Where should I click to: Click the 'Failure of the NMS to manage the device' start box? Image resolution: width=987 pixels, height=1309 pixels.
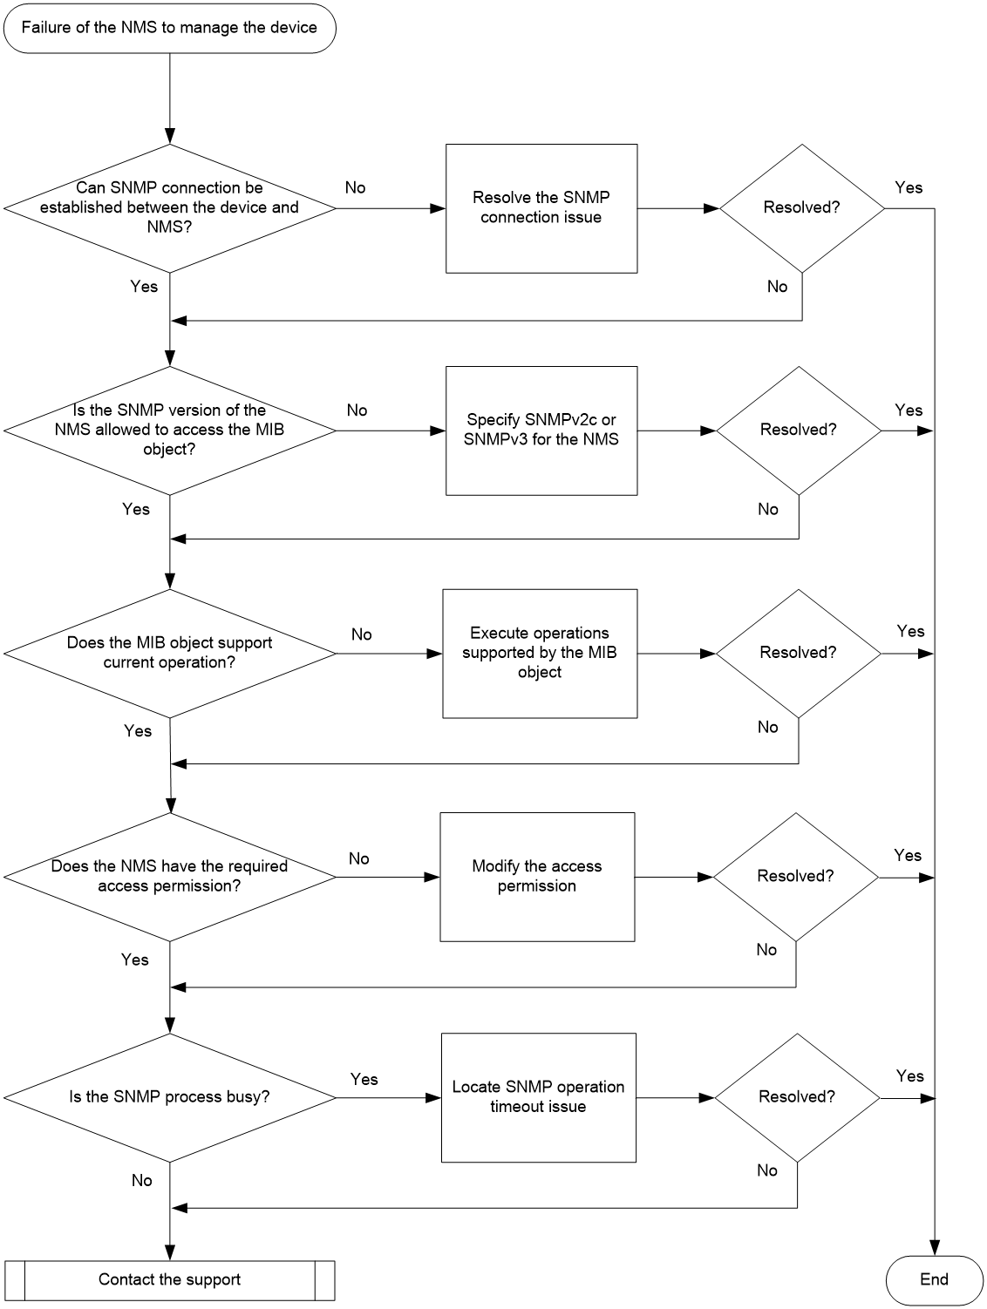click(169, 28)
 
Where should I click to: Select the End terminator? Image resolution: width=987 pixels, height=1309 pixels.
click(934, 1279)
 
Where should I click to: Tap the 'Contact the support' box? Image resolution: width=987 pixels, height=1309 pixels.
click(169, 1279)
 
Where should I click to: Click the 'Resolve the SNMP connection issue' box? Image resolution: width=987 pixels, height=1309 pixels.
click(541, 208)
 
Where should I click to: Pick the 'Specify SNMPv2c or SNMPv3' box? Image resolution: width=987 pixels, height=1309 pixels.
click(541, 431)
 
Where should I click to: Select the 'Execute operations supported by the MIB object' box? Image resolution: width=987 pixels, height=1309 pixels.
click(540, 654)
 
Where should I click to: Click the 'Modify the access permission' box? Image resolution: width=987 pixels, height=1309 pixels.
click(537, 877)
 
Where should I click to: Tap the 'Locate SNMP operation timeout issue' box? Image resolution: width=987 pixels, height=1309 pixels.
click(539, 1097)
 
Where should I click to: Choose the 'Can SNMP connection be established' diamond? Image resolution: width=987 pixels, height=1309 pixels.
click(169, 208)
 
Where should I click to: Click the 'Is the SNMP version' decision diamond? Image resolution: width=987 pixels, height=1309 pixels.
click(169, 431)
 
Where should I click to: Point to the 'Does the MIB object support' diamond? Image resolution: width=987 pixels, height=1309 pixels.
click(169, 654)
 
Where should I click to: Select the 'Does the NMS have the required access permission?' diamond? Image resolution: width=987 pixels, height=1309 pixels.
click(169, 877)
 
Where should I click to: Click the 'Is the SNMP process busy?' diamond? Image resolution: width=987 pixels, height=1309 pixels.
click(169, 1097)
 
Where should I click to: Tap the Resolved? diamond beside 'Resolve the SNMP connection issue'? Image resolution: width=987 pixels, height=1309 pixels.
click(801, 208)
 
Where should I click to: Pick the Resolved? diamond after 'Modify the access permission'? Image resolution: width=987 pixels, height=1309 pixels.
click(795, 877)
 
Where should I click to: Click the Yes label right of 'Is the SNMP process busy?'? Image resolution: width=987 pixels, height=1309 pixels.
click(364, 1079)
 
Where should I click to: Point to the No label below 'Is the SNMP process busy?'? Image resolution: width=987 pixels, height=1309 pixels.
click(142, 1180)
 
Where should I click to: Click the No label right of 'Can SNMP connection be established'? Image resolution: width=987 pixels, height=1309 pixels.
click(356, 187)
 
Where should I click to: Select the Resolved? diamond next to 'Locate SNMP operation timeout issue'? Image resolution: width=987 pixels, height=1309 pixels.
click(797, 1097)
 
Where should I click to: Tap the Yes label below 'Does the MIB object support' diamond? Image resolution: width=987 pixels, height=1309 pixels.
click(138, 730)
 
